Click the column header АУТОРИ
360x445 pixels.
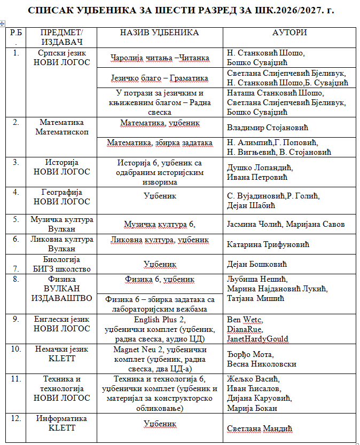(x=289, y=33)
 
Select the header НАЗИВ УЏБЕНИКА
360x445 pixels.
(x=160, y=33)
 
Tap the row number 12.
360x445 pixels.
(x=16, y=418)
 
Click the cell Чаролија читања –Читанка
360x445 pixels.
(x=160, y=58)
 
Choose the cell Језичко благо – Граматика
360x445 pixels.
(x=160, y=78)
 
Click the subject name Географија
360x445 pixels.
(x=64, y=192)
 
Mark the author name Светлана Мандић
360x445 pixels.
(x=260, y=428)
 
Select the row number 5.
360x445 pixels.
(x=16, y=219)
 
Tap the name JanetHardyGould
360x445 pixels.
(x=258, y=338)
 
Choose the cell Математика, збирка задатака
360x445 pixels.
(x=160, y=142)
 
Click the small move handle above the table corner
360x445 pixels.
(x=3, y=23)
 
